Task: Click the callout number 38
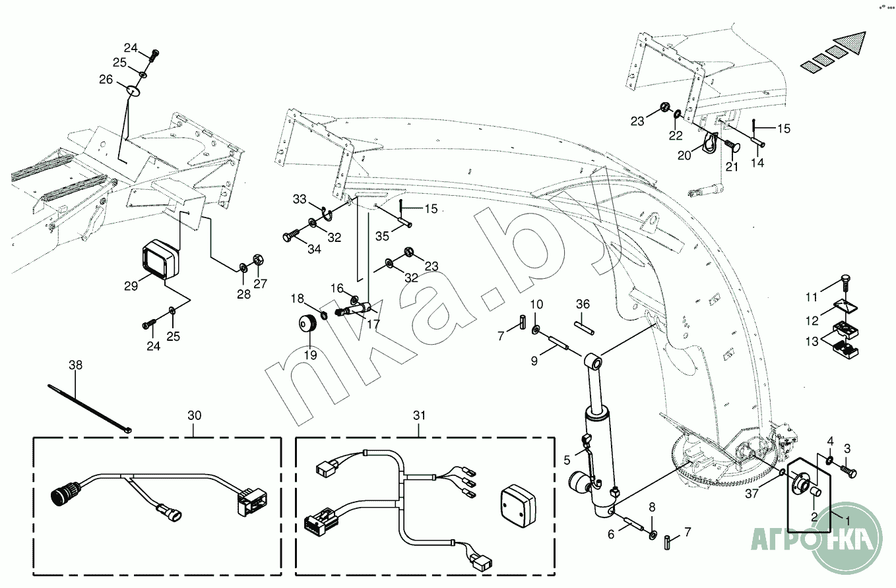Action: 76,365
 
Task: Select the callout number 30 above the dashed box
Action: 195,415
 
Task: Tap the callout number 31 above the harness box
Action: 419,415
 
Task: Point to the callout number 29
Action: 131,286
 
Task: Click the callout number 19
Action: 310,355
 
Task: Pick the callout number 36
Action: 583,304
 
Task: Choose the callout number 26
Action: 106,80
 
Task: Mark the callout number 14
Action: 757,163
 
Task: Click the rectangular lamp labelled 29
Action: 160,260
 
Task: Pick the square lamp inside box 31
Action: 519,506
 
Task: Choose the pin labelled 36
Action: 585,328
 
